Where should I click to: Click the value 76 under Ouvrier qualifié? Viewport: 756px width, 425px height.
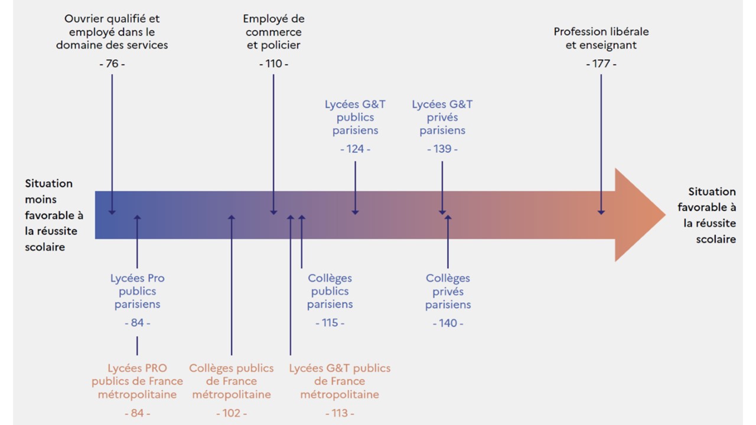click(112, 64)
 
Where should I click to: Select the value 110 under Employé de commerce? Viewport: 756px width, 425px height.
click(273, 64)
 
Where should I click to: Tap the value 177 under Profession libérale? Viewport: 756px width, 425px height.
click(601, 64)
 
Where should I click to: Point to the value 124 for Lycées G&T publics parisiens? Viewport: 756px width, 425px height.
click(355, 149)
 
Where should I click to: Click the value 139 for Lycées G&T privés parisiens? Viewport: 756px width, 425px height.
click(442, 149)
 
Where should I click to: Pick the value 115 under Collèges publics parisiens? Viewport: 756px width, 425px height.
click(330, 323)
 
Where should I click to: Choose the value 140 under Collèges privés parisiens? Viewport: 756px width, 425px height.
click(448, 323)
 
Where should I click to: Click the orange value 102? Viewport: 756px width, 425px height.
click(232, 413)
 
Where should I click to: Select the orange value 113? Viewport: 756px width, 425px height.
click(340, 413)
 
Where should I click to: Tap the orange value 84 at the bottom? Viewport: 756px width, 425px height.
click(137, 413)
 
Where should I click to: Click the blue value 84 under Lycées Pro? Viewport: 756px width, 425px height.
click(137, 323)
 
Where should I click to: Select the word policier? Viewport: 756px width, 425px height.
click(281, 45)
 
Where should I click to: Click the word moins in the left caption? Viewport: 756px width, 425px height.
click(41, 200)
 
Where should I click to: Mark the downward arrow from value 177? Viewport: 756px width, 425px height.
click(601, 142)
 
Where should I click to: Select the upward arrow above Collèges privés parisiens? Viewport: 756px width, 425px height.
click(448, 242)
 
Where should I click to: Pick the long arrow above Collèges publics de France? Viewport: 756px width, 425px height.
click(232, 283)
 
